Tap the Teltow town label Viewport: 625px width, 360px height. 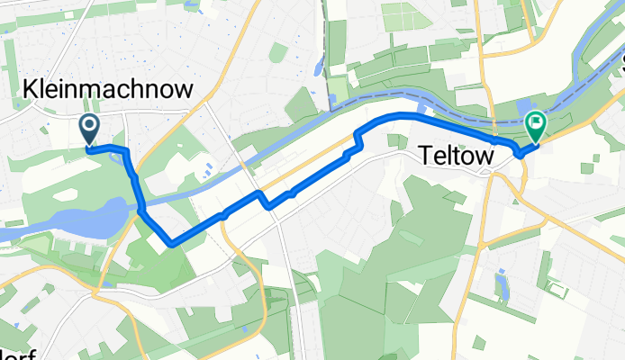[457, 157]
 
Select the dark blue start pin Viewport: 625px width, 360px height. [91, 130]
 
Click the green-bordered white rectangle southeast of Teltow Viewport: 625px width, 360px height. [557, 290]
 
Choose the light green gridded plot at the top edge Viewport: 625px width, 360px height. [402, 16]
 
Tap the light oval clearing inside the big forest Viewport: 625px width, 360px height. [403, 238]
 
